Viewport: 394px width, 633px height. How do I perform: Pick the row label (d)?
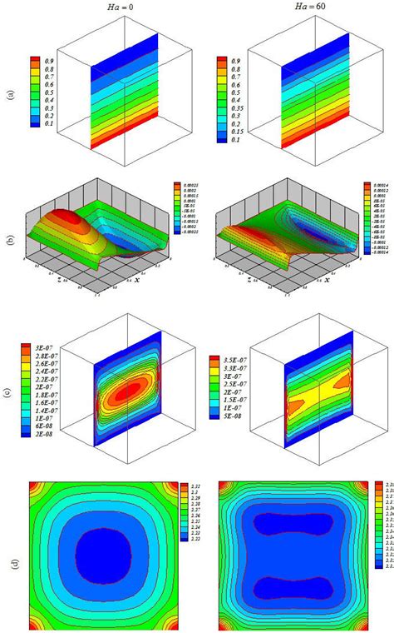point(10,557)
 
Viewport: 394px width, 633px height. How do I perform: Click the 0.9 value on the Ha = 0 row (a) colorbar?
point(48,61)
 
